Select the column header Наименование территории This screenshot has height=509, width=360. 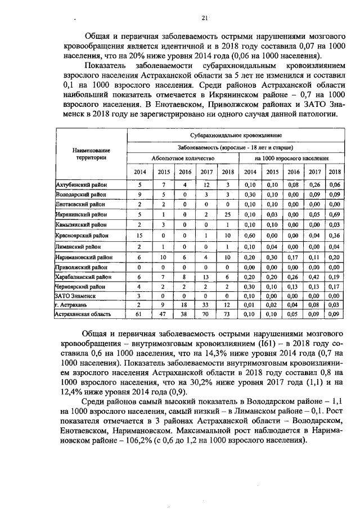pos(90,154)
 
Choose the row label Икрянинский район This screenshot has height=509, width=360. pos(80,214)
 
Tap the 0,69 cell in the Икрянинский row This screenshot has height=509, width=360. pos(335,214)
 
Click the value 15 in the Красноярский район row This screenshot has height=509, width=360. pos(139,235)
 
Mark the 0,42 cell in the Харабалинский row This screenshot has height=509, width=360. pos(314,276)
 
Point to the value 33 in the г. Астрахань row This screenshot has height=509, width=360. pos(205,305)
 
